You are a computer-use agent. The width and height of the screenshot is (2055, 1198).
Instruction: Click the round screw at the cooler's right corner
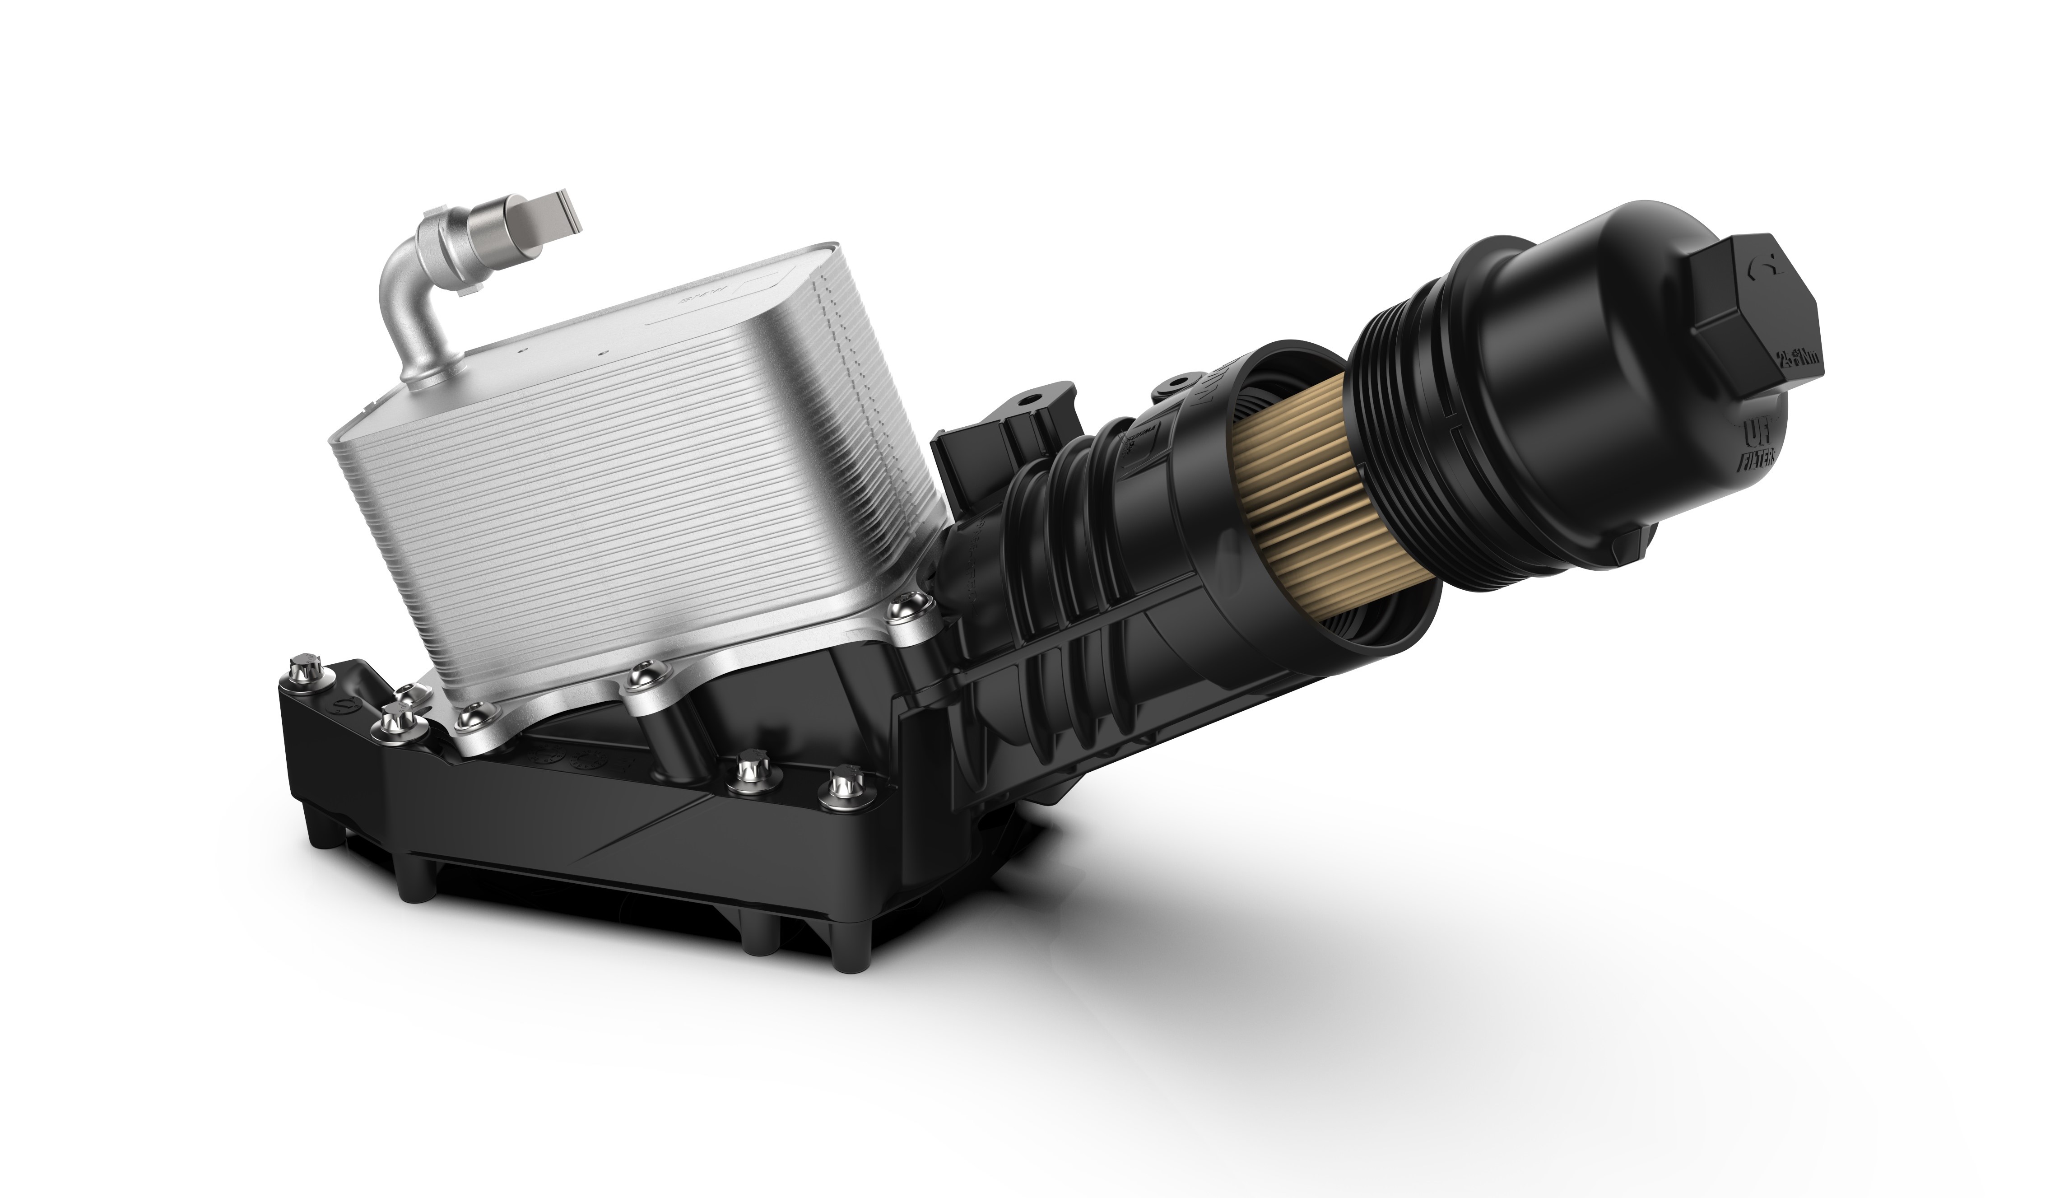click(x=911, y=605)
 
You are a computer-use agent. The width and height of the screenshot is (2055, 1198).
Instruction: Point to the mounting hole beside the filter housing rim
click(x=1174, y=383)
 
